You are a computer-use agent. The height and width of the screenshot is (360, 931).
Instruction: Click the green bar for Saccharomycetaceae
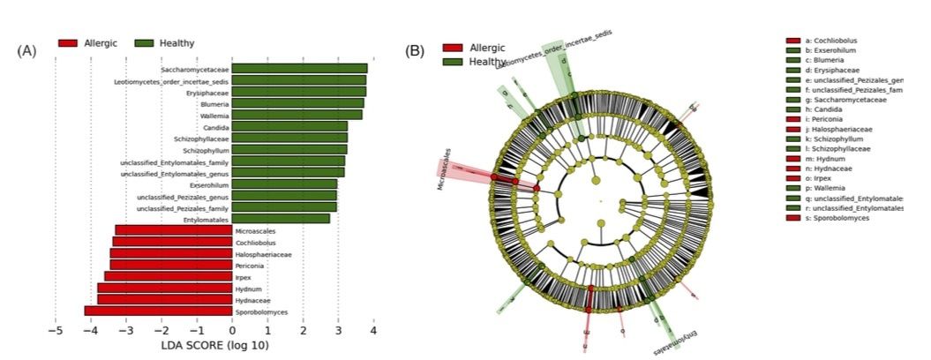tap(300, 69)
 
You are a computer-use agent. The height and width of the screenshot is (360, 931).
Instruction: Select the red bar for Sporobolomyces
tap(158, 311)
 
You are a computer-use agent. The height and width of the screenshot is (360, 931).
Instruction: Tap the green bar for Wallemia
tap(297, 115)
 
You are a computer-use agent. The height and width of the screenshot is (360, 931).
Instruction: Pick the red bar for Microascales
tap(174, 230)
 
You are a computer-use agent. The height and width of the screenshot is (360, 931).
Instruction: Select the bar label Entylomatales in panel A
tap(206, 218)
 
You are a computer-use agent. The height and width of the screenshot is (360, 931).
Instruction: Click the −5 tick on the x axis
tap(55, 331)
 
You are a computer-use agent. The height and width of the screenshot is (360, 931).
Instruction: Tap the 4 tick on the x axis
tap(373, 331)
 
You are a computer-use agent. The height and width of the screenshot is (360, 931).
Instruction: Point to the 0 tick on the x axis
tap(232, 331)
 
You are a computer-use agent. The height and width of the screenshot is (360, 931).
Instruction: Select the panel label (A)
tap(26, 50)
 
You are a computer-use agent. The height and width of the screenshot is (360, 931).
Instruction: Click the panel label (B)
tap(415, 50)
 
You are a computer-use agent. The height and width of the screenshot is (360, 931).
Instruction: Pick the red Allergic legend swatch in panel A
tap(68, 42)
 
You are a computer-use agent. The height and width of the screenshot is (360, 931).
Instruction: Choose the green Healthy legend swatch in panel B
tap(453, 62)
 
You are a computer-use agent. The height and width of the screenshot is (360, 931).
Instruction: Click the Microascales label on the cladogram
tap(447, 169)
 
